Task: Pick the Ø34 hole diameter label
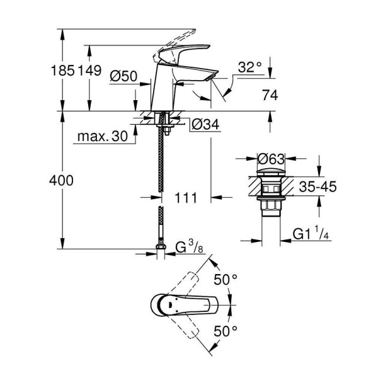pos(203,124)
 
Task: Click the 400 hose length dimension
pos(62,180)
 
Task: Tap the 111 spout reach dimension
pos(184,198)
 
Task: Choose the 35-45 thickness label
pos(316,187)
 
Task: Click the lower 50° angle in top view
pos(226,329)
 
